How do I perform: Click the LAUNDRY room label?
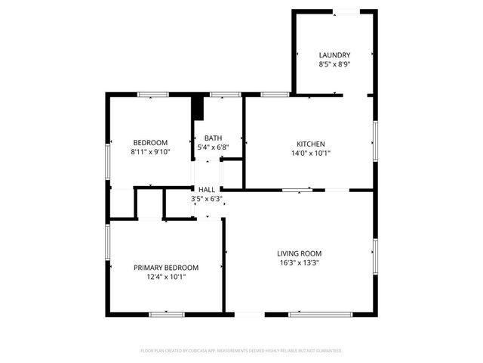pyautogui.click(x=334, y=55)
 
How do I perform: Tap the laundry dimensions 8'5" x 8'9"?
pyautogui.click(x=334, y=64)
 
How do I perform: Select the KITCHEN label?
pyautogui.click(x=310, y=144)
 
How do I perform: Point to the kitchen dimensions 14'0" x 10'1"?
pyautogui.click(x=310, y=153)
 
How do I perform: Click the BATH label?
pyautogui.click(x=214, y=138)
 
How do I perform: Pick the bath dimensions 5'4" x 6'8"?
pyautogui.click(x=214, y=147)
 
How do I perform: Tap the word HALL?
pyautogui.click(x=207, y=190)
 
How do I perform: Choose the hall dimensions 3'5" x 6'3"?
pyautogui.click(x=207, y=199)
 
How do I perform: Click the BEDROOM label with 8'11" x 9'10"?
pyautogui.click(x=151, y=143)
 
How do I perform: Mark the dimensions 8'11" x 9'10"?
pyautogui.click(x=151, y=152)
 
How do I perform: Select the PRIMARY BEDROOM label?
pyautogui.click(x=166, y=268)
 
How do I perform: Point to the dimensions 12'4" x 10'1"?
pyautogui.click(x=166, y=277)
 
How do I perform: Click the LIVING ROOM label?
pyautogui.click(x=300, y=254)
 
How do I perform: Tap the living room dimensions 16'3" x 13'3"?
pyautogui.click(x=300, y=263)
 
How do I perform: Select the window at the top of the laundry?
pyautogui.click(x=346, y=11)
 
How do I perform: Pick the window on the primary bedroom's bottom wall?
pyautogui.click(x=167, y=313)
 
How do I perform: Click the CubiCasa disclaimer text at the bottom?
pyautogui.click(x=241, y=351)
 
